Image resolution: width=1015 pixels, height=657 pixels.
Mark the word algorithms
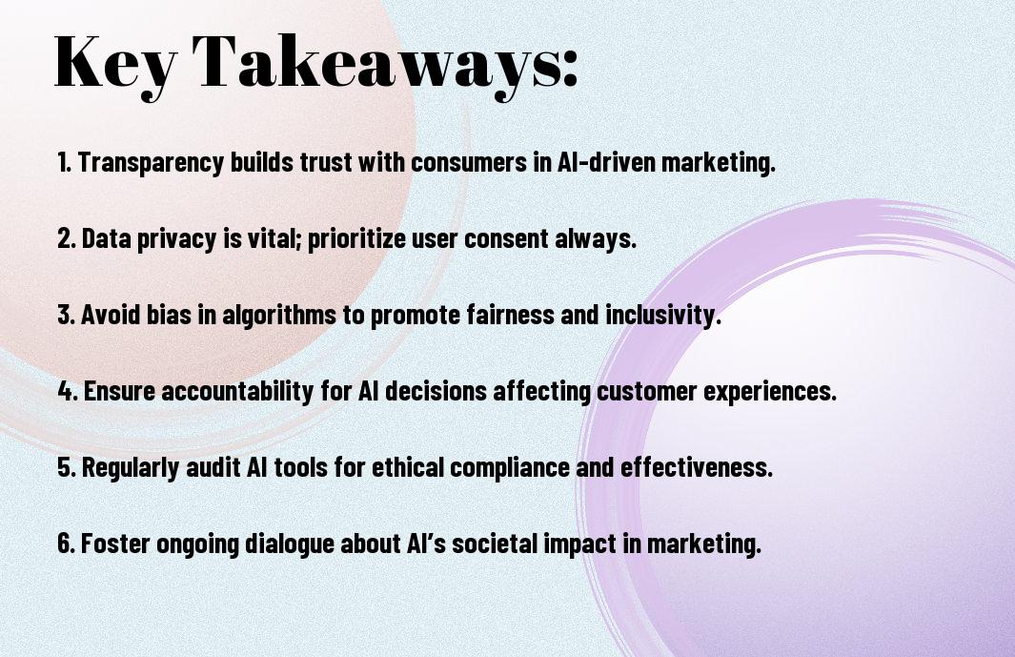pos(279,316)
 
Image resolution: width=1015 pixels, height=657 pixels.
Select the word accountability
pos(237,391)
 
